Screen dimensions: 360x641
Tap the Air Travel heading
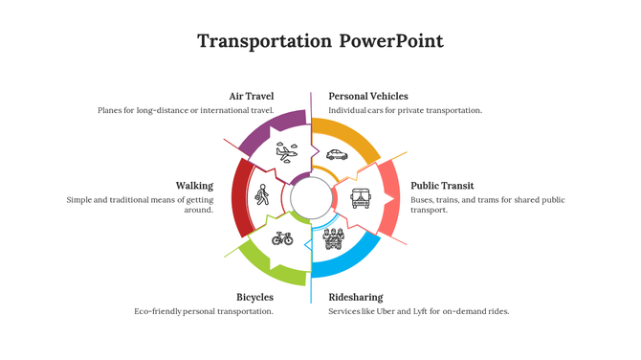[252, 96]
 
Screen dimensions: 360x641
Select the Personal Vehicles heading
[368, 96]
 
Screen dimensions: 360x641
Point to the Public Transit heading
[442, 186]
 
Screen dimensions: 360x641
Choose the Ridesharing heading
[355, 297]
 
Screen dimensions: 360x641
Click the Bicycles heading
[255, 297]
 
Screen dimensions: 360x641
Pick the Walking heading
[194, 186]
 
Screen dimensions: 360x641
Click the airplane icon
[286, 151]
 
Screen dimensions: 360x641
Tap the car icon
[336, 153]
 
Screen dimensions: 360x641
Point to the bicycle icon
[282, 237]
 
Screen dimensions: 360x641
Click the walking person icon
[262, 195]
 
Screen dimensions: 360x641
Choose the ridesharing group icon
[333, 237]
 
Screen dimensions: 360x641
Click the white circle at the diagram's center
[310, 197]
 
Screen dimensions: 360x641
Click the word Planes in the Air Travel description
[111, 110]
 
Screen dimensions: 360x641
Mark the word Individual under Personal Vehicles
[349, 110]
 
